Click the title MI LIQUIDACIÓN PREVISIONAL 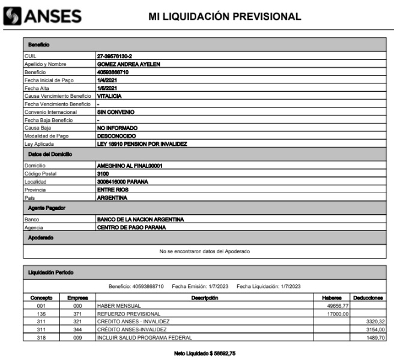(x=225, y=17)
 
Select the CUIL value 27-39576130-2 (x=114, y=56)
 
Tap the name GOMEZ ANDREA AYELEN (x=128, y=64)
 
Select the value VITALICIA (x=109, y=96)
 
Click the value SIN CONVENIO (x=115, y=112)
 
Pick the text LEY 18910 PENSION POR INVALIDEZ (x=142, y=145)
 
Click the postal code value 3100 (x=103, y=173)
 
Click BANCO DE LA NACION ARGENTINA (x=140, y=219)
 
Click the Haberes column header (x=331, y=298)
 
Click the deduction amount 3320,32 (x=374, y=322)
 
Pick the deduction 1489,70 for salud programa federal (x=374, y=338)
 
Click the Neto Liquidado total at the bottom (x=205, y=353)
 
